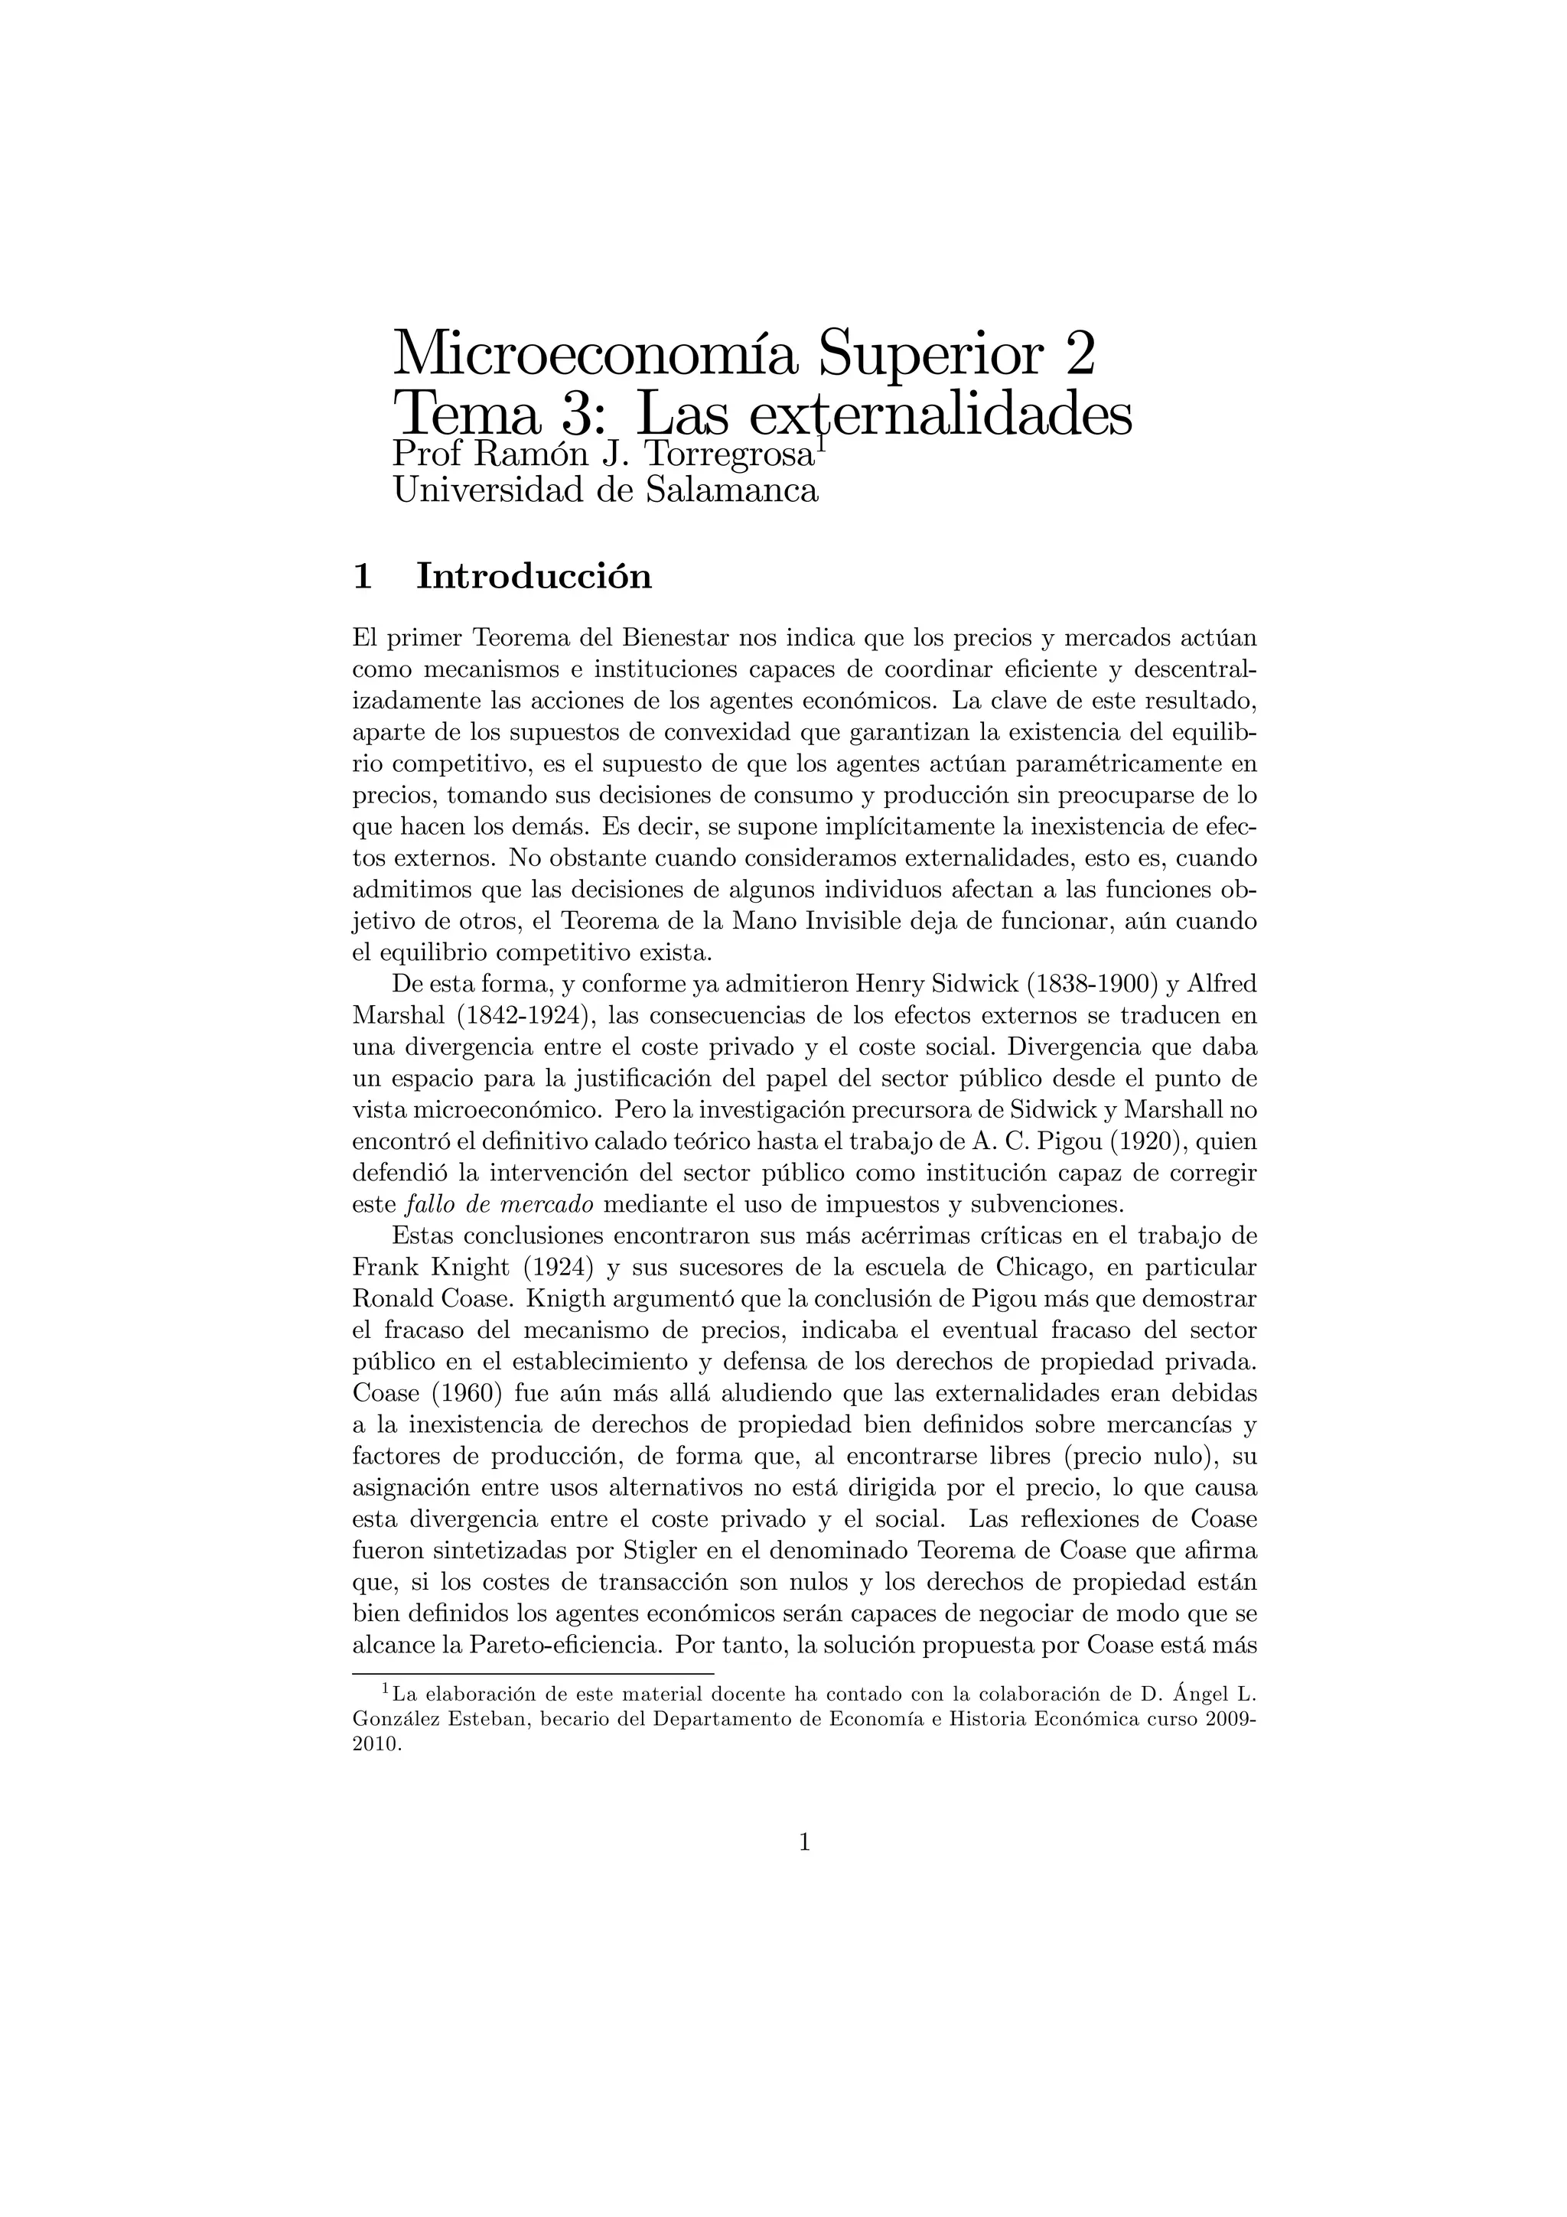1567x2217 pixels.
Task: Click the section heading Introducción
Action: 534,577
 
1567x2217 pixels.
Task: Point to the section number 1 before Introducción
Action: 363,577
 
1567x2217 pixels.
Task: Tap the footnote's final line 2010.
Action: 376,1746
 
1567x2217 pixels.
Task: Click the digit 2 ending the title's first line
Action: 1080,354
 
